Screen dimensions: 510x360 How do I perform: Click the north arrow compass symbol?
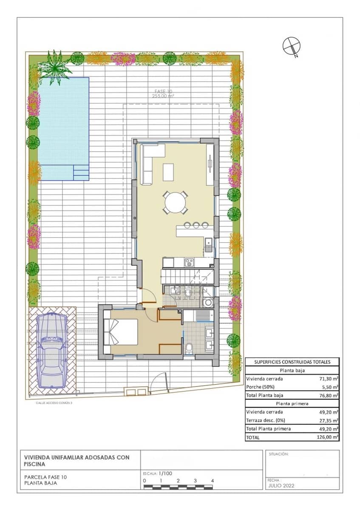[291, 45]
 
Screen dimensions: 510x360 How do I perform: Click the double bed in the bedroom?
[121, 332]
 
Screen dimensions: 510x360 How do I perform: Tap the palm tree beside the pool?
[54, 67]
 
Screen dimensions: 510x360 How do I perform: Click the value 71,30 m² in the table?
[329, 379]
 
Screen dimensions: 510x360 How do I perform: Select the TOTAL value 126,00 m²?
[329, 437]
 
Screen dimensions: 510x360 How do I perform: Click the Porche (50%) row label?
[259, 387]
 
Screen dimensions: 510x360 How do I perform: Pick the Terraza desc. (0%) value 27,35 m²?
[329, 420]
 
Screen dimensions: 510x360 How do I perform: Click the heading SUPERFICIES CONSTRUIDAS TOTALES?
[292, 362]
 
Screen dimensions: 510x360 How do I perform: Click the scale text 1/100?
[165, 473]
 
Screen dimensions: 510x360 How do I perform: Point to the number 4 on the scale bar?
[212, 481]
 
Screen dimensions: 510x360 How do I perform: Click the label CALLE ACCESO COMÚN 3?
[54, 402]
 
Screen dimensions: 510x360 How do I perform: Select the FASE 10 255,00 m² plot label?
[163, 94]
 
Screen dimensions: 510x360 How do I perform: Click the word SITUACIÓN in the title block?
[279, 454]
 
